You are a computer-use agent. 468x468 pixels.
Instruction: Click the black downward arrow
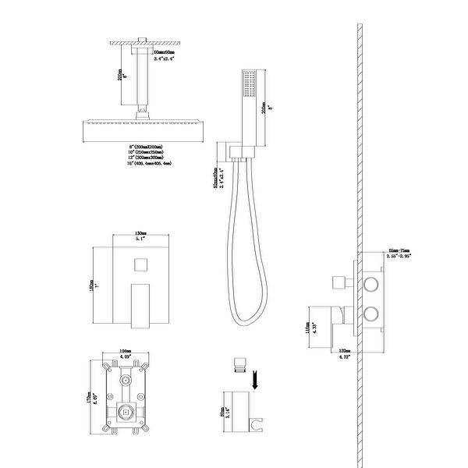pyautogui.click(x=254, y=381)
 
